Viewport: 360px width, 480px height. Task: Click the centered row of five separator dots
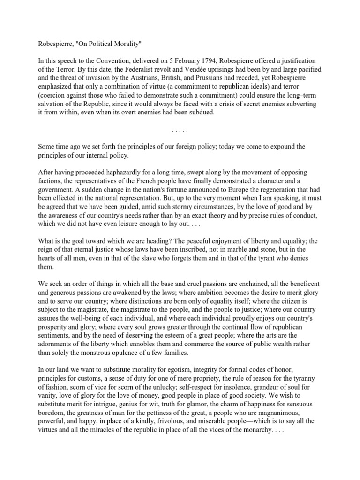180,131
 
